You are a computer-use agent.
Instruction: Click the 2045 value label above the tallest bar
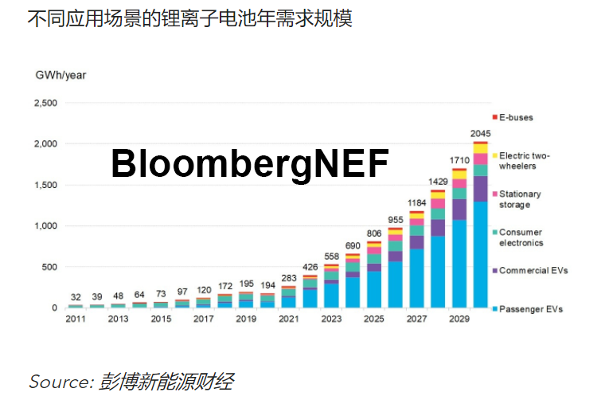[x=481, y=133]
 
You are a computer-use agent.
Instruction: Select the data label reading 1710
[x=459, y=160]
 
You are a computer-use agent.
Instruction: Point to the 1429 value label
[x=438, y=182]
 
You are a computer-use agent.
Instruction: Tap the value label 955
[x=395, y=219]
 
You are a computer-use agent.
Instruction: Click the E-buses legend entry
[x=515, y=118]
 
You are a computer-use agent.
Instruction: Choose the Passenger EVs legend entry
[x=530, y=308]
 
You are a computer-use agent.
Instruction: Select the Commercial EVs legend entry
[x=533, y=271]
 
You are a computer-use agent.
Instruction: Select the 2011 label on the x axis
[x=76, y=320]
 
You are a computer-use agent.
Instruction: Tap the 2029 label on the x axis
[x=459, y=320]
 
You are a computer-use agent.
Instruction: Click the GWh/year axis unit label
[x=60, y=75]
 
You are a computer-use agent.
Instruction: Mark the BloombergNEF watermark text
[x=249, y=164]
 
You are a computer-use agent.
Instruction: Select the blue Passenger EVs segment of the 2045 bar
[x=480, y=255]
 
